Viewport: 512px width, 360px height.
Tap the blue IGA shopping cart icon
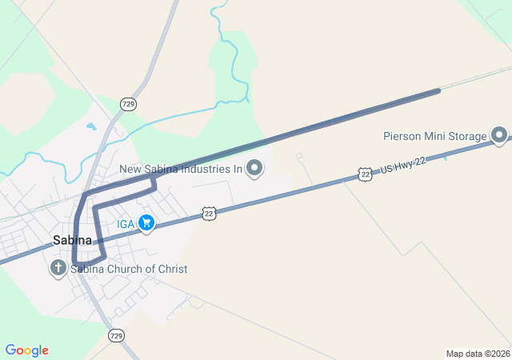coord(146,223)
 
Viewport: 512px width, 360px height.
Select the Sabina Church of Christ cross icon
coord(58,269)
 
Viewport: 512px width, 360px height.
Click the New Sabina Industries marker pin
coord(254,168)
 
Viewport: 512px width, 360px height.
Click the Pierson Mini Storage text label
coord(434,135)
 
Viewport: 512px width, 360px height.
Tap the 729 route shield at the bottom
coord(117,335)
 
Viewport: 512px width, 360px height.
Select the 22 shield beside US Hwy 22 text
coord(365,174)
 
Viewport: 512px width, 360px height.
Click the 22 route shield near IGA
coord(209,213)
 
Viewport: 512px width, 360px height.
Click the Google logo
coord(26,350)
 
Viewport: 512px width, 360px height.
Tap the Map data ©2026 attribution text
coord(477,354)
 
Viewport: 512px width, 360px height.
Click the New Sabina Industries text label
coord(181,169)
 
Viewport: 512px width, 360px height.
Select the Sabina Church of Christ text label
coord(129,270)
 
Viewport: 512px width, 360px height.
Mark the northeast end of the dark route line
coord(438,90)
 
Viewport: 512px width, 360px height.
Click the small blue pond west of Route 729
coord(90,126)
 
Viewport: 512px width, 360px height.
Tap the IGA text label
coord(126,224)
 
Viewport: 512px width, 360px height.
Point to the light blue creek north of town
coord(231,64)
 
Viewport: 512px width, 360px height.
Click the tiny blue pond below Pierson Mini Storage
coord(445,157)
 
